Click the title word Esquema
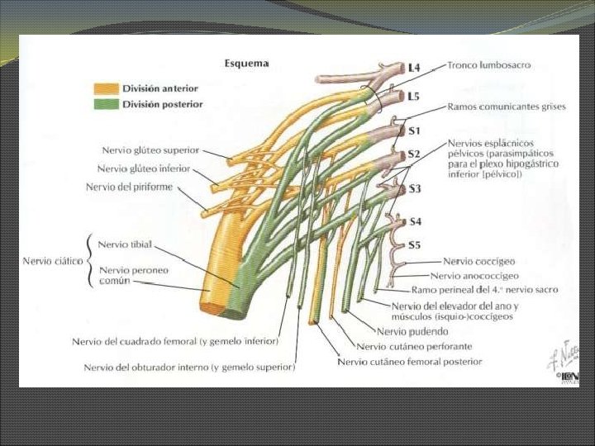(246, 63)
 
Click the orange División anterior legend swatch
(106, 88)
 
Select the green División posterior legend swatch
(106, 105)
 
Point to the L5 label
(414, 97)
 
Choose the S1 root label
(414, 130)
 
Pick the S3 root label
(414, 189)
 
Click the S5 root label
(414, 244)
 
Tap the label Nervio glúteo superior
(150, 150)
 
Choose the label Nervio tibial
(125, 244)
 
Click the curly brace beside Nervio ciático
(89, 261)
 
